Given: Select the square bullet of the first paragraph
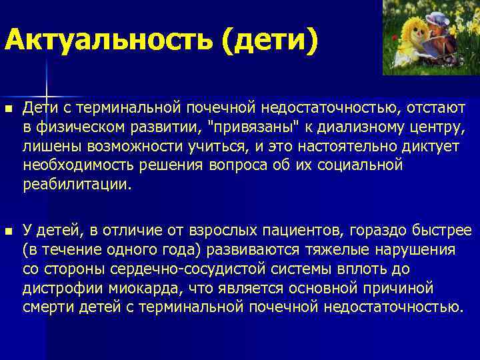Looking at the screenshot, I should point(8,109).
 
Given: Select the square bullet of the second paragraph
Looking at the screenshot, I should point(8,231).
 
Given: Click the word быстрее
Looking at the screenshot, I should point(437,231).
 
